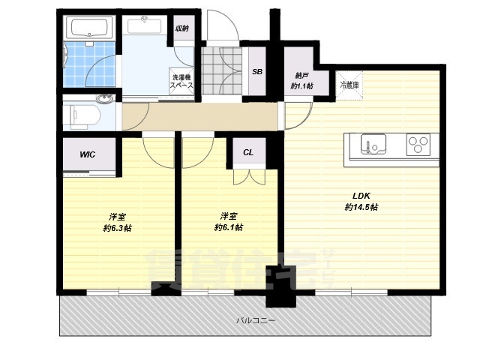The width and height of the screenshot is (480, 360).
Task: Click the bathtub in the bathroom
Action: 89,28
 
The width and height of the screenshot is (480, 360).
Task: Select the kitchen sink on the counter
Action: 373,145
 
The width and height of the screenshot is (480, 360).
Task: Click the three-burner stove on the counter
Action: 418,145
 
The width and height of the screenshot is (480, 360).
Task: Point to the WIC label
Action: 87,154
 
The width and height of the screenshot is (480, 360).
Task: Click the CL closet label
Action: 248,152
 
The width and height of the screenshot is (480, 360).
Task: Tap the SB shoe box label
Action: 257,72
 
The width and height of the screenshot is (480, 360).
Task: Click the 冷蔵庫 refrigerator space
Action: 349,85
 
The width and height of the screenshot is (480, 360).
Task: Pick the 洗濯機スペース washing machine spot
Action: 181,81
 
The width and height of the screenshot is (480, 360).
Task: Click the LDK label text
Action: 361,196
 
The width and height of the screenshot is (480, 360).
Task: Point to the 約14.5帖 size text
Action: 361,207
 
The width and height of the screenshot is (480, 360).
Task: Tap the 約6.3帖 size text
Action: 118,228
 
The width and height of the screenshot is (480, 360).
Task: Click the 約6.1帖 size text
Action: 229,227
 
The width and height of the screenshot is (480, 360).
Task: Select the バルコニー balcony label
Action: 256,320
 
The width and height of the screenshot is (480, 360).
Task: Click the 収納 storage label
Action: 181,28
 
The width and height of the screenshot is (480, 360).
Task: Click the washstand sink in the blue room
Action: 144,25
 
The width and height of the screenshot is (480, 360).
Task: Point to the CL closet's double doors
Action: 250,177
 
